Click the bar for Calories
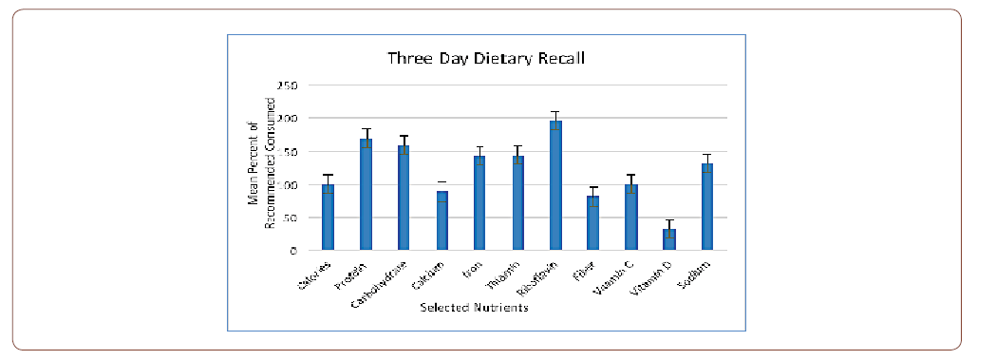(328, 218)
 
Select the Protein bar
(366, 195)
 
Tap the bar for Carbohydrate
(404, 199)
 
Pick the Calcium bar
(442, 221)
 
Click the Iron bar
(479, 203)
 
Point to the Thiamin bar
(517, 203)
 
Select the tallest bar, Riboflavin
(555, 186)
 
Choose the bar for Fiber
(593, 223)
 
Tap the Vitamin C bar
(631, 218)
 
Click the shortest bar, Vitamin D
(669, 239)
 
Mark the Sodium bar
(707, 207)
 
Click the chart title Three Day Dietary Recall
(485, 58)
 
